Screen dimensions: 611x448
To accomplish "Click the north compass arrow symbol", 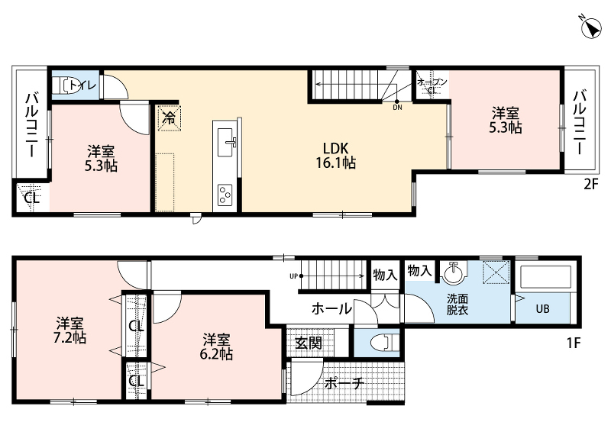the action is (x=590, y=28).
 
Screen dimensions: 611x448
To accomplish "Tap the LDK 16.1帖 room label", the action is (x=335, y=155).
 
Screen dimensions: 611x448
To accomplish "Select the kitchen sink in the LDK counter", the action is (x=226, y=143).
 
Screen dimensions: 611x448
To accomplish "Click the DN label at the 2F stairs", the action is (x=397, y=108).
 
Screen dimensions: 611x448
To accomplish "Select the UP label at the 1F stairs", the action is (x=293, y=276).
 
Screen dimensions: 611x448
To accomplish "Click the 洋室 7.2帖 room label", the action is (x=70, y=330).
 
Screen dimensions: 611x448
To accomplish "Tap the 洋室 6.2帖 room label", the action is (x=216, y=346).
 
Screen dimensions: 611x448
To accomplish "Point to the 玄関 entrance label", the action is (x=309, y=343).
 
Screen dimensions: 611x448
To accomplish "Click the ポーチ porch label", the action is (x=344, y=383).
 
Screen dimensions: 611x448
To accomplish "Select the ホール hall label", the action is (x=331, y=309).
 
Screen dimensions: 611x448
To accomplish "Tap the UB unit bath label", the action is (x=542, y=309).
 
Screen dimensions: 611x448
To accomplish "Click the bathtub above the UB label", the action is (x=545, y=278).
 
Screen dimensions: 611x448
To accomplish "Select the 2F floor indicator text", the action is (x=590, y=184).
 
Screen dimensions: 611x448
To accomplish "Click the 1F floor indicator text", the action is (x=574, y=343).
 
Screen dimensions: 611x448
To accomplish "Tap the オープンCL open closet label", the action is (x=432, y=86).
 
